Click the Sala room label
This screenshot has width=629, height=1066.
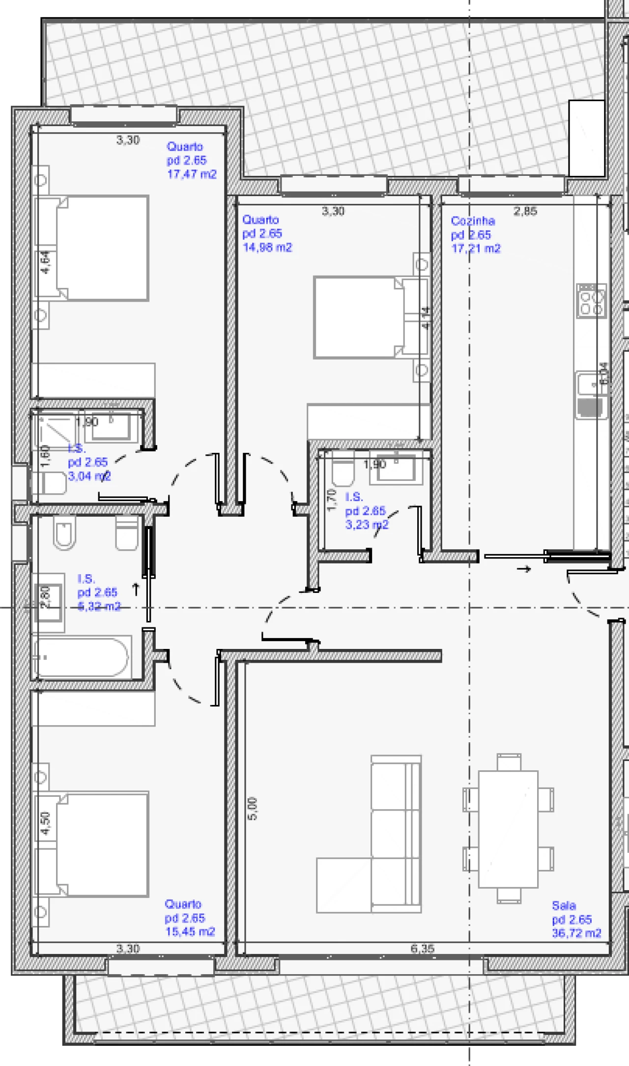(x=564, y=905)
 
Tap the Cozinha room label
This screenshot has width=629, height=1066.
(x=472, y=221)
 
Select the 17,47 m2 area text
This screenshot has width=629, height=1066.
(x=192, y=174)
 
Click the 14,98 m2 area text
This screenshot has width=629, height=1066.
(x=267, y=247)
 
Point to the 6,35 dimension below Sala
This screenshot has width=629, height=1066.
(x=422, y=948)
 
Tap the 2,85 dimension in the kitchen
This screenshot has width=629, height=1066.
(x=525, y=211)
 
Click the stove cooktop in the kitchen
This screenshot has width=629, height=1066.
(x=591, y=301)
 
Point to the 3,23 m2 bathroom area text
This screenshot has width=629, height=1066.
(x=367, y=525)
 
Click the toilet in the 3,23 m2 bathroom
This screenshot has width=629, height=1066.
(x=343, y=472)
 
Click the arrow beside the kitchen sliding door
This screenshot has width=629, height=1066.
(x=525, y=569)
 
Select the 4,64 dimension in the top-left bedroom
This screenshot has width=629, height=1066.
(x=45, y=262)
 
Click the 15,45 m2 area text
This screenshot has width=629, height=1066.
(x=190, y=931)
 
